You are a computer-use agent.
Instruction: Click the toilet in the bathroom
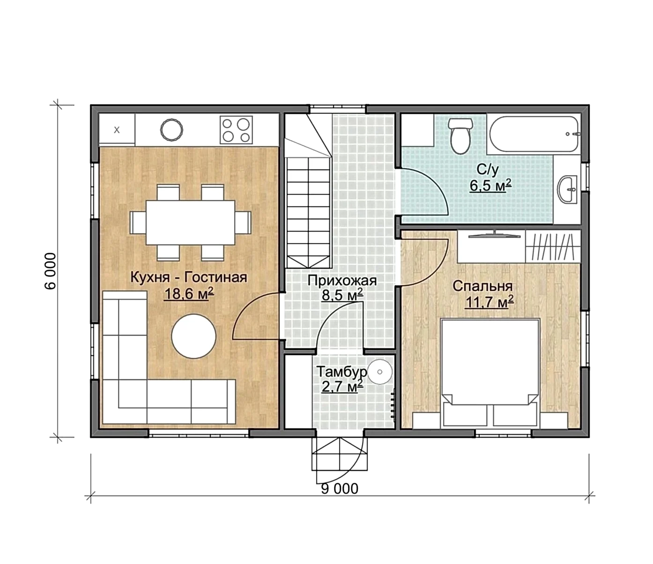click(x=461, y=136)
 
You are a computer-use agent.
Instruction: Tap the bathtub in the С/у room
click(x=535, y=134)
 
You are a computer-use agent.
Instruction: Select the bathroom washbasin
click(x=569, y=190)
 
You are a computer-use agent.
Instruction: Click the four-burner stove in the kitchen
click(x=236, y=130)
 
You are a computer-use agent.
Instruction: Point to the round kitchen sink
click(x=171, y=129)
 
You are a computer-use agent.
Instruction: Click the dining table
click(x=191, y=223)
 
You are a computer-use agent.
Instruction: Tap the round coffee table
click(x=193, y=336)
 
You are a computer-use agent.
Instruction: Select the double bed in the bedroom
click(x=490, y=373)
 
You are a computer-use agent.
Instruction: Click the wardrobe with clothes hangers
click(x=553, y=246)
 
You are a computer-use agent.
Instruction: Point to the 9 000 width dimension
click(x=340, y=489)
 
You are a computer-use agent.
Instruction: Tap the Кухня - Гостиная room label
click(x=189, y=277)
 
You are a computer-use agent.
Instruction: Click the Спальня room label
click(x=482, y=286)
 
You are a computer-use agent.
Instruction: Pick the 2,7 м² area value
click(x=342, y=386)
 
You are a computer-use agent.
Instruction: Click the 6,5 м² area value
click(x=490, y=185)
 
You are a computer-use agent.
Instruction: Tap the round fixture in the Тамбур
click(x=380, y=371)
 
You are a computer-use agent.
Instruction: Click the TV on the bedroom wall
click(x=494, y=235)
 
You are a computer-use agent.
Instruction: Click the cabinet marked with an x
click(x=117, y=130)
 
